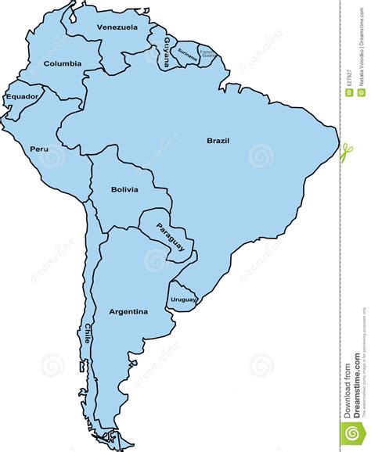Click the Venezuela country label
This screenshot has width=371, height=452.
[117, 27]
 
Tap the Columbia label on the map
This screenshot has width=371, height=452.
[63, 63]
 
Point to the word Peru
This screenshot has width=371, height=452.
[39, 149]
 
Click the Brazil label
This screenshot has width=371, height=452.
[218, 141]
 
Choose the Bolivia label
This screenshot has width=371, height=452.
[124, 189]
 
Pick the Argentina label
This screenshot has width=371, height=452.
[128, 311]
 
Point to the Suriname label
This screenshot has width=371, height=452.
[188, 53]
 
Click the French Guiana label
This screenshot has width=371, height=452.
[207, 53]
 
